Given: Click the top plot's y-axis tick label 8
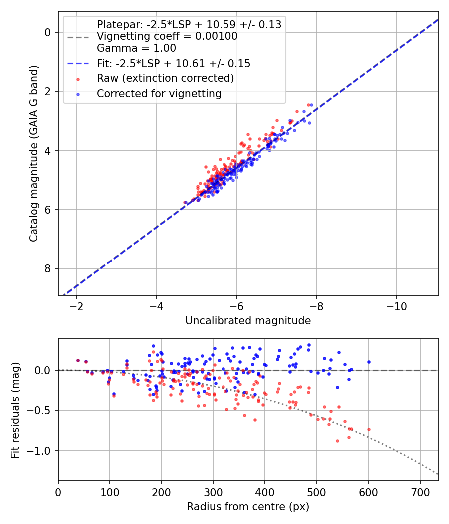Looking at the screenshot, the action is pos(48,268).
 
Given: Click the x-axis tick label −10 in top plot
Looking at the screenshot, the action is pos(397,306).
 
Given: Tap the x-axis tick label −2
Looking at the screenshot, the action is pos(76,306).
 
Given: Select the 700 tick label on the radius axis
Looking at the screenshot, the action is pos(420,492).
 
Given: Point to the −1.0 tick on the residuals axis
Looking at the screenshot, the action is pos(41,451).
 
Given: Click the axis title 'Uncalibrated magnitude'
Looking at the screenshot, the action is pos(248,321).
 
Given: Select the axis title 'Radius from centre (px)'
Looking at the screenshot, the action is pos(248,507).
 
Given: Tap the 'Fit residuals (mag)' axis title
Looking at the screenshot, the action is pos(15,410).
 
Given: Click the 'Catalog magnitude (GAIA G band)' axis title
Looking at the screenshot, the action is pos(33,153).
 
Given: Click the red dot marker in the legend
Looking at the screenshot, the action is pos(78,79).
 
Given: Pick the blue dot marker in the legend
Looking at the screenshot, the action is pos(78,95).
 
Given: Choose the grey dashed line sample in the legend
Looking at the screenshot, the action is pos(78,37).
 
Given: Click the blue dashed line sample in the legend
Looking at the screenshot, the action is pos(78,64).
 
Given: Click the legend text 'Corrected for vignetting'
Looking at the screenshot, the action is pos(159,94).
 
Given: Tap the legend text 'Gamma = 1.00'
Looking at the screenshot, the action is pos(136,48).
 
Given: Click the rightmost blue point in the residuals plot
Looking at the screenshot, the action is pos(369,362).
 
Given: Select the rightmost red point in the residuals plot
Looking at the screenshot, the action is pos(369,429).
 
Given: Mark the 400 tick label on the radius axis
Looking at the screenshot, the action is pos(265,492).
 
